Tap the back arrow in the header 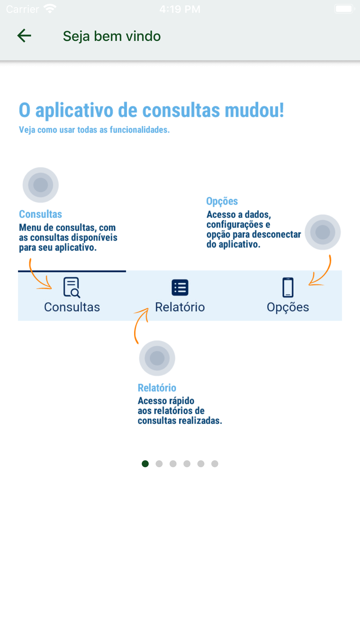coord(24,36)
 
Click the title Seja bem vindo coord(112,36)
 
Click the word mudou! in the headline coord(254,110)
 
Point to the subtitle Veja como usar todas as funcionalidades coord(94,130)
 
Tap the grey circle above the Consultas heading coord(41,185)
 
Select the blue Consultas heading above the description coord(40,214)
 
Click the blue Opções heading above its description coord(222,201)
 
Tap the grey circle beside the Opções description coord(323,232)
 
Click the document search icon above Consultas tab coord(72,287)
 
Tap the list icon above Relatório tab coord(180,288)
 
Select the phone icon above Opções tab coord(288,287)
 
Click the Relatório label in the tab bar coord(180,307)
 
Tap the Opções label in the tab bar coord(288,307)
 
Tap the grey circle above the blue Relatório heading coord(157,358)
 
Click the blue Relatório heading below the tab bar coord(157,388)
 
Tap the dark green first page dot coord(145,464)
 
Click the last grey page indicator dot coord(215,464)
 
